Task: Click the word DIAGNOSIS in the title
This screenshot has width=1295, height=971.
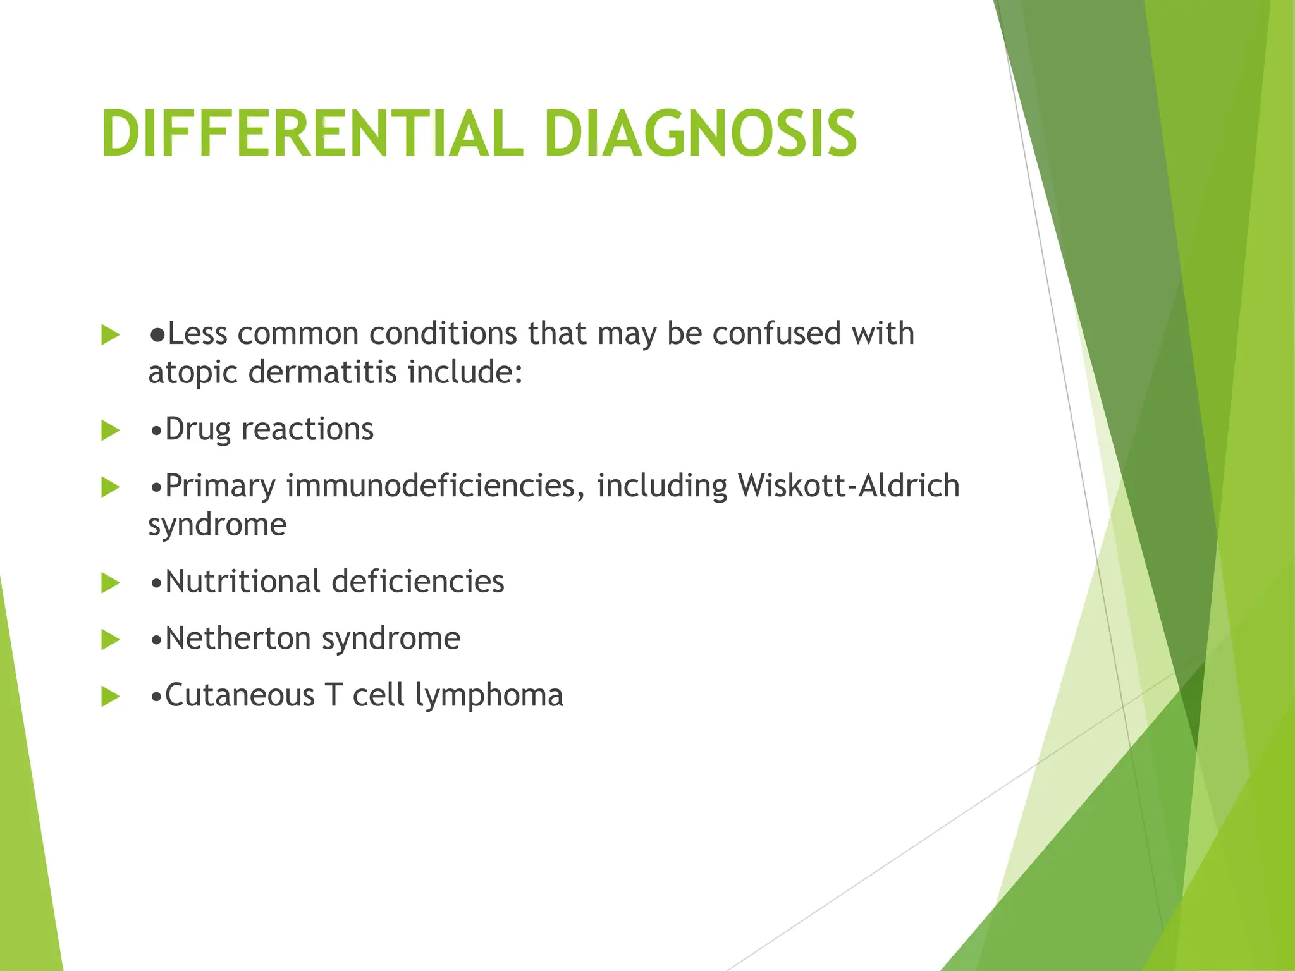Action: (x=700, y=134)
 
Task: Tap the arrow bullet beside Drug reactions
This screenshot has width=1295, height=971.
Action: (x=110, y=431)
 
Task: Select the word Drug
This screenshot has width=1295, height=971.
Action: (x=198, y=430)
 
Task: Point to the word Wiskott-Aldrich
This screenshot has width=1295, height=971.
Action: (x=849, y=485)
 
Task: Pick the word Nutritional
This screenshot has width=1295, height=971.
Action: (x=242, y=581)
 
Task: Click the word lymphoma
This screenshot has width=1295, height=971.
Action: (x=489, y=696)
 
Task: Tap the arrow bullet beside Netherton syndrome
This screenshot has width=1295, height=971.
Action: (x=110, y=640)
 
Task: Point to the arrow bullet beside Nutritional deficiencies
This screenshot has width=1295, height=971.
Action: (x=110, y=583)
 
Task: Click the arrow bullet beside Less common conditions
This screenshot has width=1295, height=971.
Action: (x=110, y=335)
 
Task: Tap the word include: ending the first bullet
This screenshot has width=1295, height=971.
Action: (x=465, y=372)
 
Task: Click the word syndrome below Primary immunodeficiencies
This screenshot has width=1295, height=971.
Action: (x=218, y=525)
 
